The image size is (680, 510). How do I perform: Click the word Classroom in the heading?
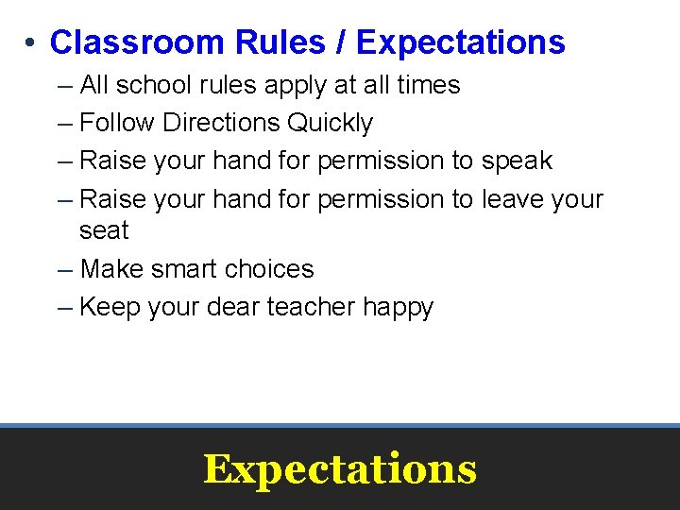point(124,42)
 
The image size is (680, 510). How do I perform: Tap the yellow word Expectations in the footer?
point(340,469)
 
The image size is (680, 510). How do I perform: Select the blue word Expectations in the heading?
point(461,42)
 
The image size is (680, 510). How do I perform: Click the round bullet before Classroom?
point(31,43)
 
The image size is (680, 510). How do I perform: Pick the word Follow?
point(118,123)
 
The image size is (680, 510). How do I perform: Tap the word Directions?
point(222,123)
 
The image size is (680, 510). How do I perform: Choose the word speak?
point(517,161)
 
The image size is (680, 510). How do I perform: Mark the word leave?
point(516,199)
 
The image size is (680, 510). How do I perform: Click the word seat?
point(104,230)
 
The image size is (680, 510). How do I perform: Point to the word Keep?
point(108,307)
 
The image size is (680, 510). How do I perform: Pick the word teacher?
point(312,307)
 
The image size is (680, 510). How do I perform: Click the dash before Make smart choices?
point(64,269)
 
